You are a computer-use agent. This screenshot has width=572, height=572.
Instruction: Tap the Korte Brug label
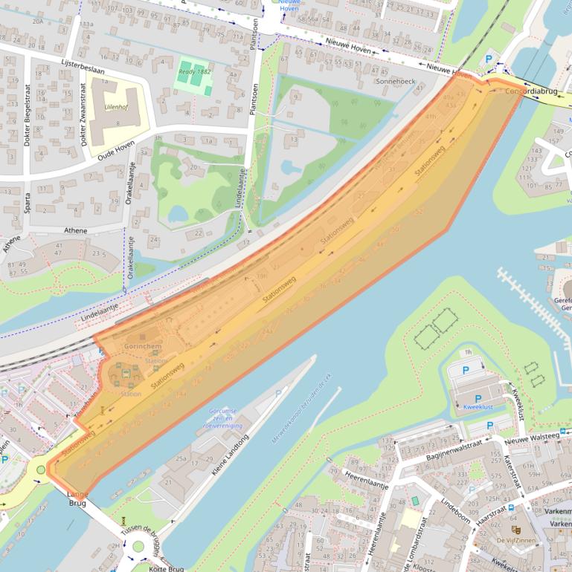[167, 568]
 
